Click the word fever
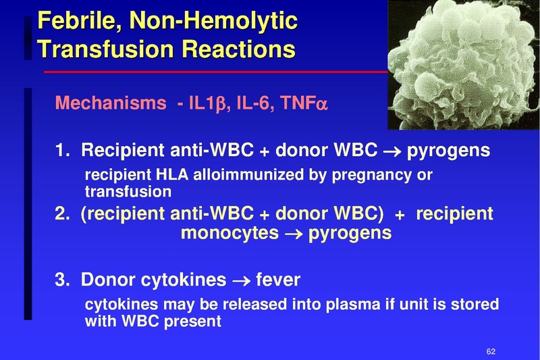pos(278,279)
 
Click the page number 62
pos(491,351)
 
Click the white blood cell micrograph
pos(463,64)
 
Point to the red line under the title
pos(216,71)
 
